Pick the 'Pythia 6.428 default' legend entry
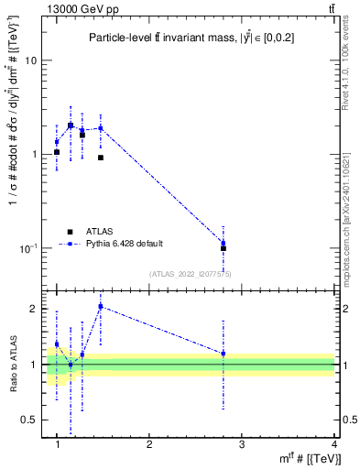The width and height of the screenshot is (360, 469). (125, 244)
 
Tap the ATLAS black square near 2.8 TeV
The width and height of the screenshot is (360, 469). (224, 248)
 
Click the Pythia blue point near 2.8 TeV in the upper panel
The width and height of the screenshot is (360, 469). (224, 243)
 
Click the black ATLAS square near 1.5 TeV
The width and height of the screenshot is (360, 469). (101, 158)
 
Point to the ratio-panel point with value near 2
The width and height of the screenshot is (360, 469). (101, 307)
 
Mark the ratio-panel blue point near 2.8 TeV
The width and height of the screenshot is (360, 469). (224, 354)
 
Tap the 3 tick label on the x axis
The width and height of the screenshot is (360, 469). (242, 445)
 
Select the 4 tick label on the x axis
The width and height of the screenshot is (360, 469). (334, 445)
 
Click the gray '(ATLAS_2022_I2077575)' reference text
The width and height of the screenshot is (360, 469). (191, 273)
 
